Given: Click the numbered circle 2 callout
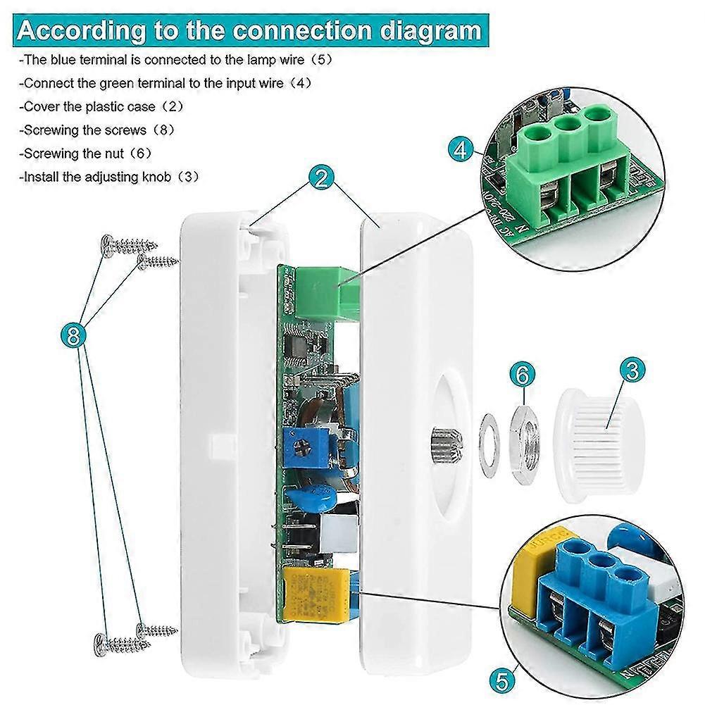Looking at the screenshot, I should coord(320,177).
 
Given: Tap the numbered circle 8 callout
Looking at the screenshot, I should coord(73,337).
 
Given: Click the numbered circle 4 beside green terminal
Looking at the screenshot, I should coord(461,151).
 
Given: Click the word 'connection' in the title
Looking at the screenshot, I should coord(299,31).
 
